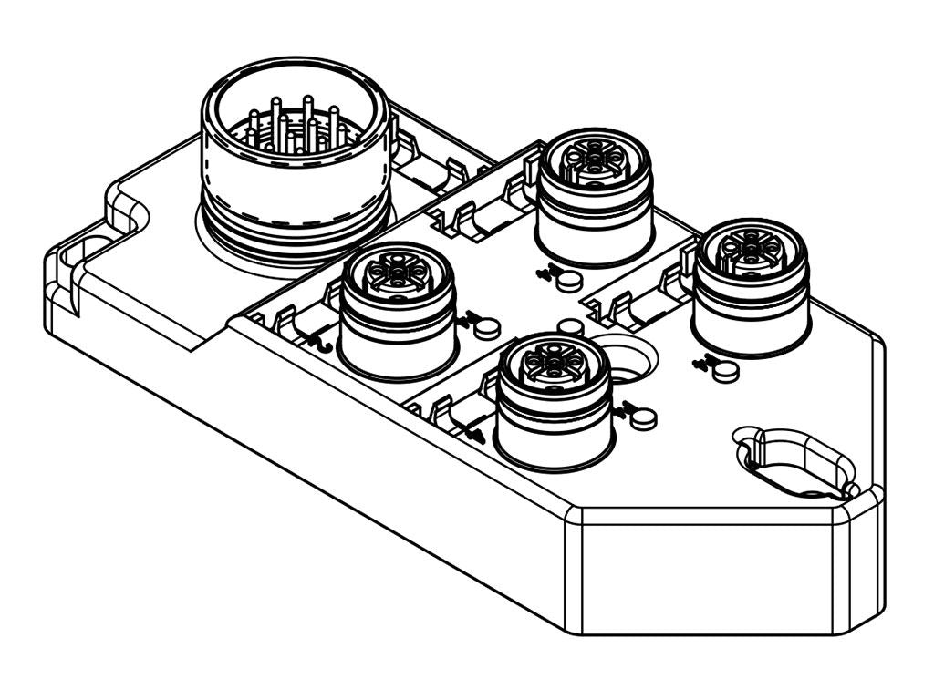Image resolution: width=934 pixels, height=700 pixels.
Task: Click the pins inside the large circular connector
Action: (294, 128)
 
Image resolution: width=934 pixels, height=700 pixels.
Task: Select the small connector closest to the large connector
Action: (397, 310)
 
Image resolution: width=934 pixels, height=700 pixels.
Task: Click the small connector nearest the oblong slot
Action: (751, 284)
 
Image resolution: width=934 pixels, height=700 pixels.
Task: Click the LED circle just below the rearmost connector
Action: (568, 281)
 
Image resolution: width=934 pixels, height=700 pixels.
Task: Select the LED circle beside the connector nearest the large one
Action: (488, 325)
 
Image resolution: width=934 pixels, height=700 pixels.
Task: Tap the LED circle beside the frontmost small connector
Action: (643, 418)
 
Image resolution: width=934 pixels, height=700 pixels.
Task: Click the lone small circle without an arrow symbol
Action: (570, 327)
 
